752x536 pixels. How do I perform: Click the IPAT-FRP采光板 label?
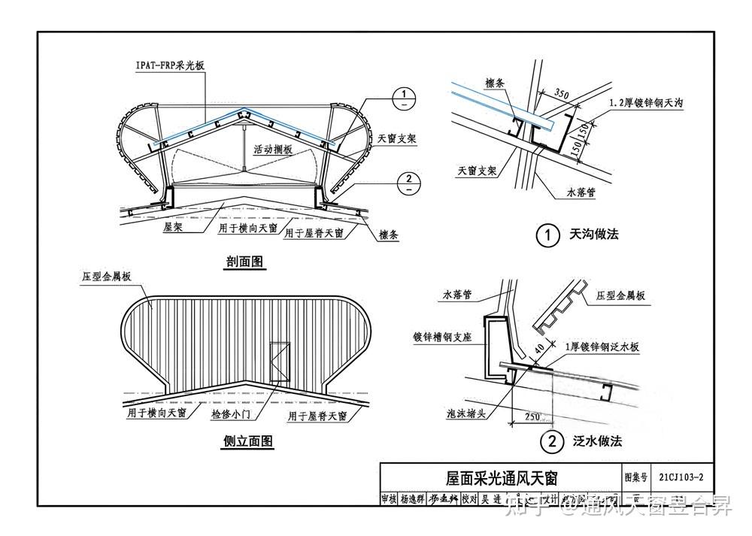[x=170, y=66]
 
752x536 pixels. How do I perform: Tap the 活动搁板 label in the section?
[x=272, y=150]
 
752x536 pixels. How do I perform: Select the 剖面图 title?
[x=246, y=262]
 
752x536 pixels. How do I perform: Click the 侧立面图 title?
[x=247, y=442]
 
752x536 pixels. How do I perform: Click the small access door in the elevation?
[x=279, y=362]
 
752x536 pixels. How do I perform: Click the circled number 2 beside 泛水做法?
[x=553, y=442]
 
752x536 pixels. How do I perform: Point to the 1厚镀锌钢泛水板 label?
[x=602, y=347]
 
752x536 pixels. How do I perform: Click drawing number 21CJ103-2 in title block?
[x=681, y=477]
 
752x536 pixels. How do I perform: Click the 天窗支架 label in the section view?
[x=396, y=139]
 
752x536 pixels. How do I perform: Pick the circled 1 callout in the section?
[x=405, y=95]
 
